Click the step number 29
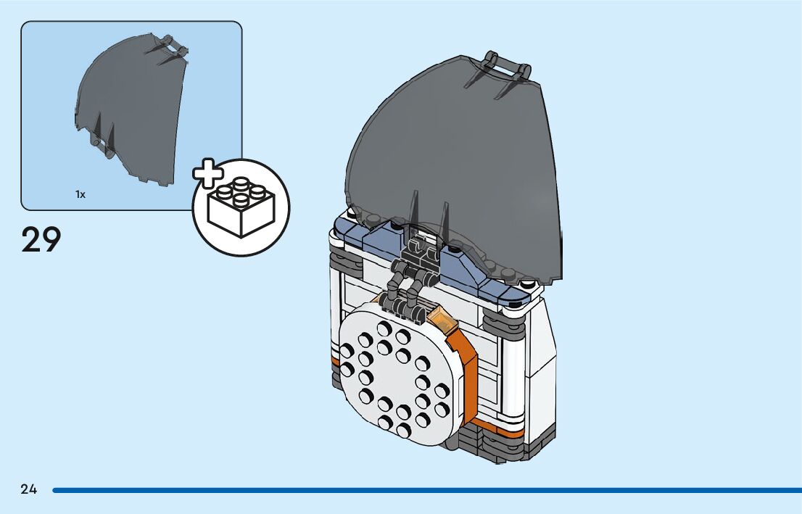[x=41, y=240]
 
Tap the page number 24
[x=28, y=489]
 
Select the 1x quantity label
[x=80, y=194]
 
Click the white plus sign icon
[x=209, y=174]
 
